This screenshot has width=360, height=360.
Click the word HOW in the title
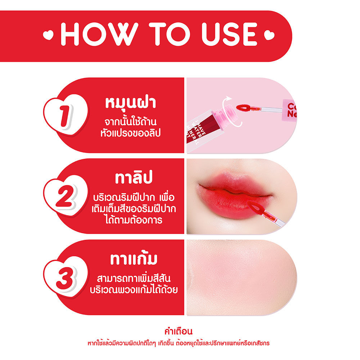[x=99, y=34]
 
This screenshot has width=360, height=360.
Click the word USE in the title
[x=229, y=34]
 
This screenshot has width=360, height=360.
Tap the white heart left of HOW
[x=48, y=35]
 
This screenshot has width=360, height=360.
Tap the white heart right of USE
[x=269, y=35]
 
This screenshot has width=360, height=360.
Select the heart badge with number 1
[x=66, y=116]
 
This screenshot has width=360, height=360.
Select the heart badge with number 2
[x=66, y=197]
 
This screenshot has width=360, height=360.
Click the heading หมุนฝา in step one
[x=131, y=103]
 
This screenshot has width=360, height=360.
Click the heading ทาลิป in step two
[x=134, y=178]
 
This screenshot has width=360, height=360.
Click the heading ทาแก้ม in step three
[x=134, y=259]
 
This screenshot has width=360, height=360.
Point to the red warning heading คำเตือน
[x=179, y=331]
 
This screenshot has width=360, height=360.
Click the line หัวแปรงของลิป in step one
[x=130, y=133]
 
